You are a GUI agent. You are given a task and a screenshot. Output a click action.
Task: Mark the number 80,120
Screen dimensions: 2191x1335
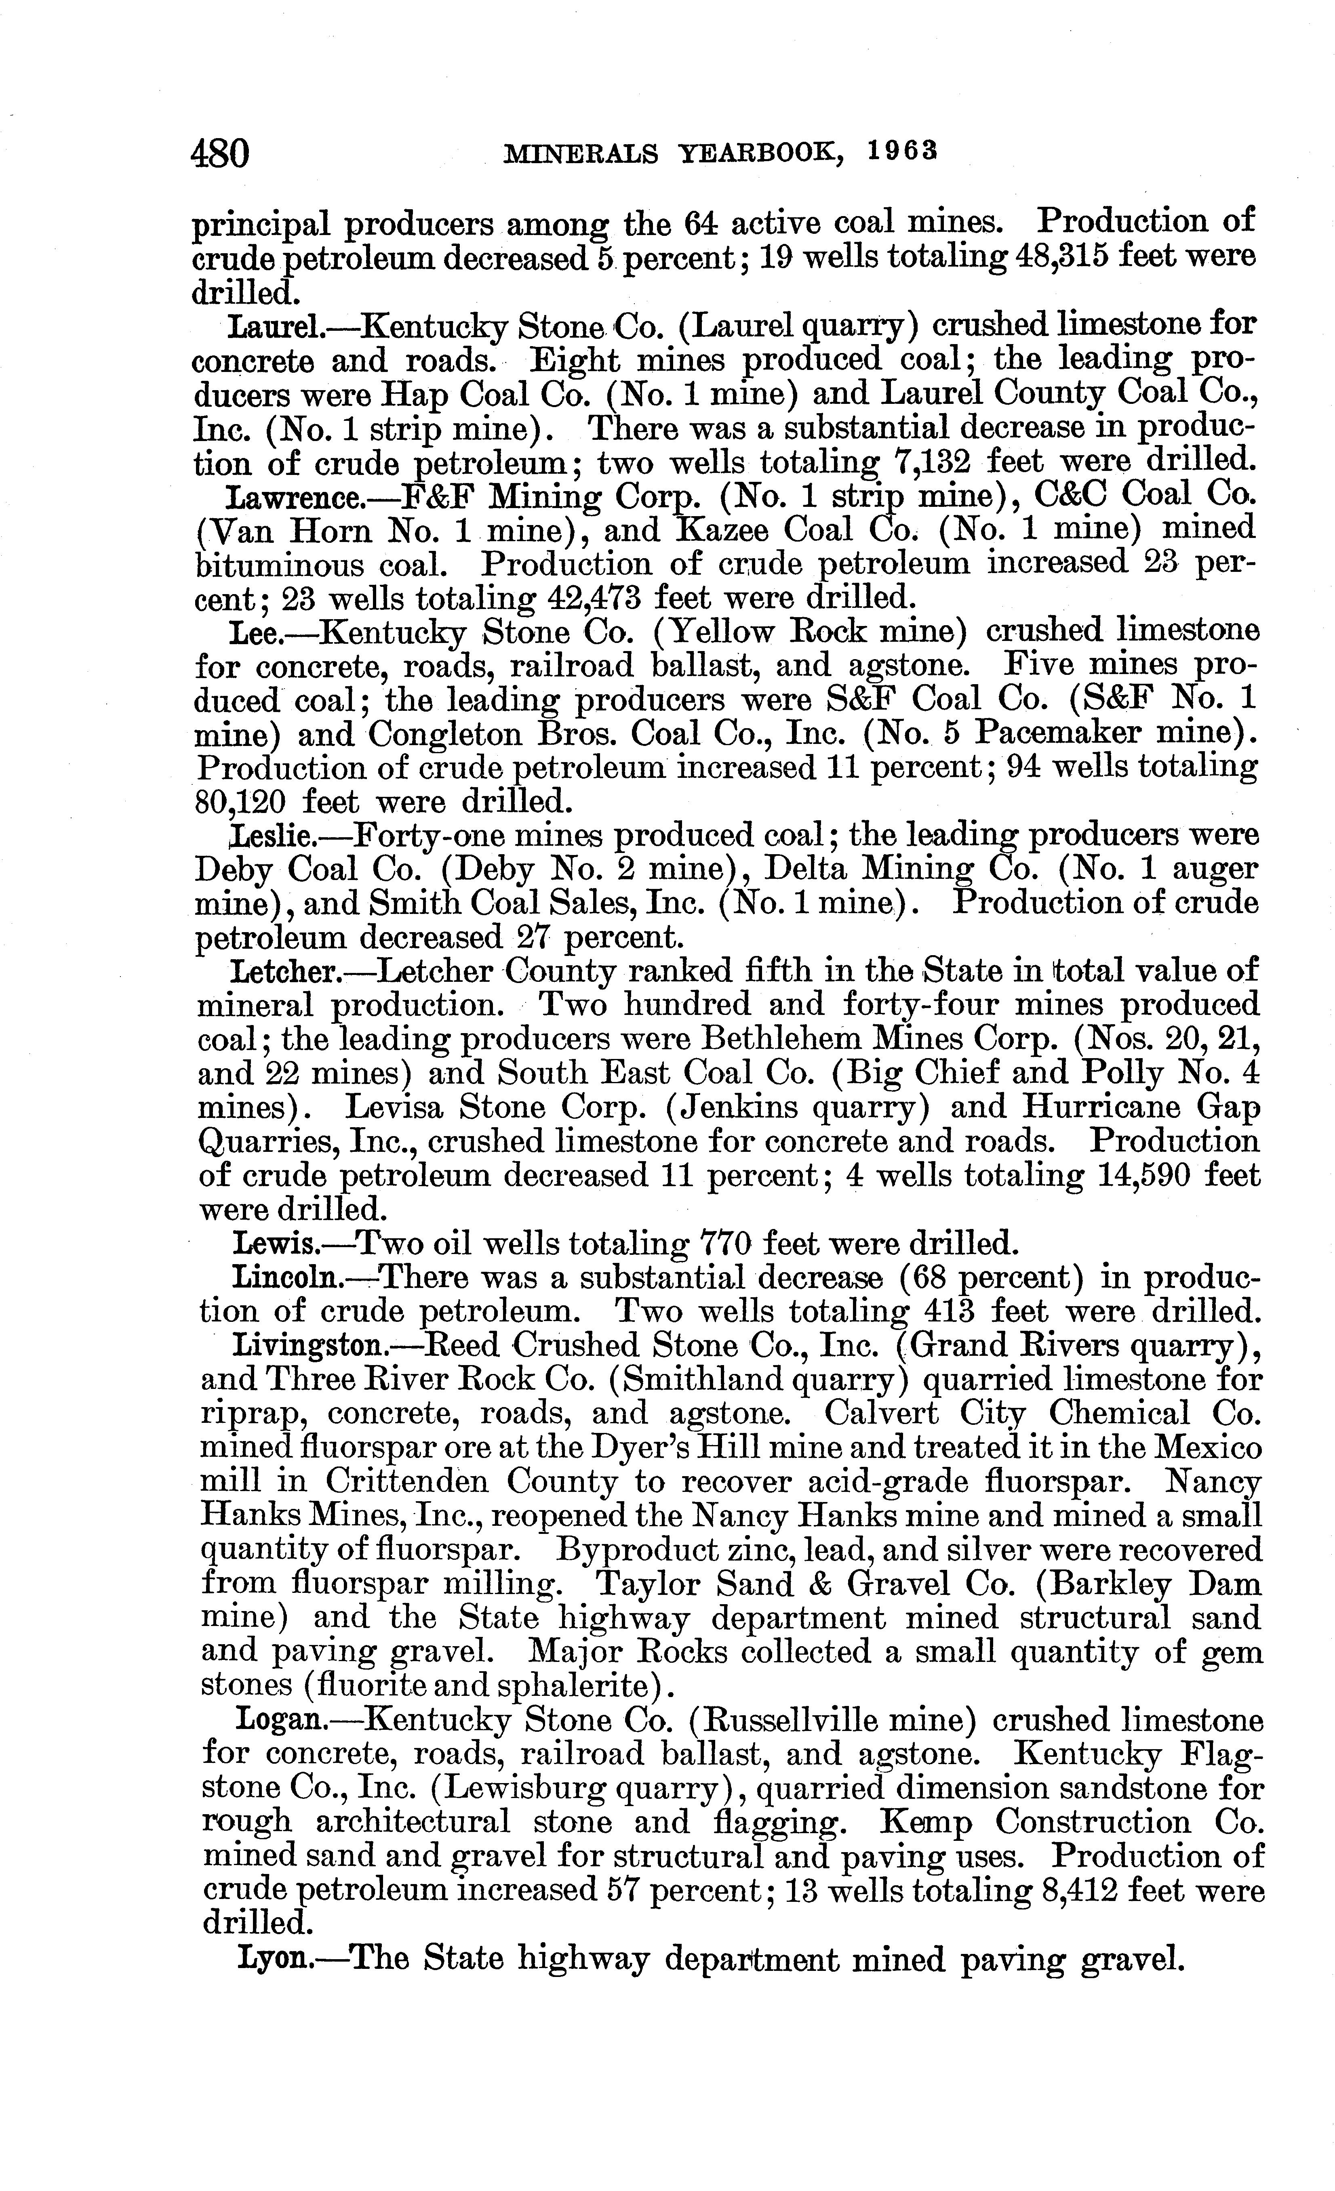tap(240, 803)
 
